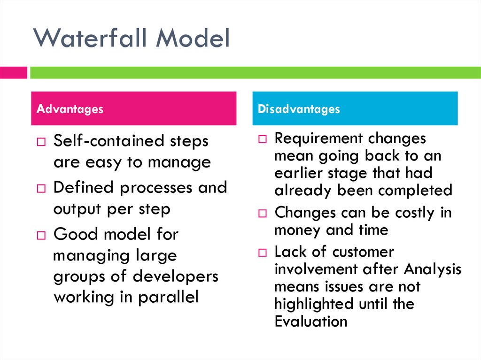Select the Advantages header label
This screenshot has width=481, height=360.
point(70,109)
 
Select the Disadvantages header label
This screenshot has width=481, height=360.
point(299,109)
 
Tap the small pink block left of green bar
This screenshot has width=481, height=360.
point(13,73)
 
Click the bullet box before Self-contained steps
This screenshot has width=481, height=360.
point(41,142)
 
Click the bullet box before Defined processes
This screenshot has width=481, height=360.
point(41,189)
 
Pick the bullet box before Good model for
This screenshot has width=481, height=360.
point(41,235)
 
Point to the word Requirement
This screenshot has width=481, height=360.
point(318,139)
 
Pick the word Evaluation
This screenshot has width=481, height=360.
point(311,322)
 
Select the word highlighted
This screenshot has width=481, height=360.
point(314,304)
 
